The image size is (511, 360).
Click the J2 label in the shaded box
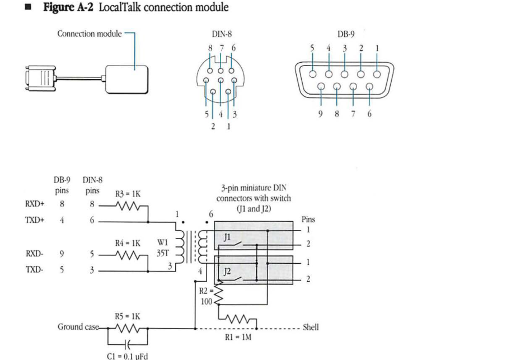[x=228, y=271]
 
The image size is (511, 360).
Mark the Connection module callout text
[x=90, y=34]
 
